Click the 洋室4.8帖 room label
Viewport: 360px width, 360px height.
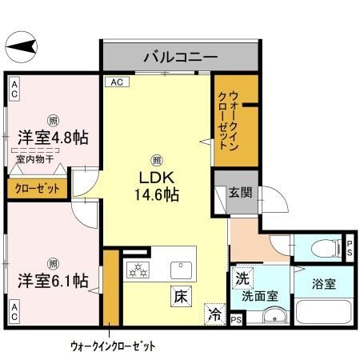pos(52,138)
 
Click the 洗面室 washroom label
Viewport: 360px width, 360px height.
pos(261,295)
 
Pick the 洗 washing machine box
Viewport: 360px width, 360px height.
pos(241,278)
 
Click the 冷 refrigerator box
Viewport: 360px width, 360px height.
pos(214,313)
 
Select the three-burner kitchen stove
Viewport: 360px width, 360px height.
pos(138,270)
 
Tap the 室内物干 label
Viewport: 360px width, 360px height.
pos(34,160)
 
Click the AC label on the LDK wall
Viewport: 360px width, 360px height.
pos(117,82)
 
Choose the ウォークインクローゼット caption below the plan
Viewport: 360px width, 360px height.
pos(112,346)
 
